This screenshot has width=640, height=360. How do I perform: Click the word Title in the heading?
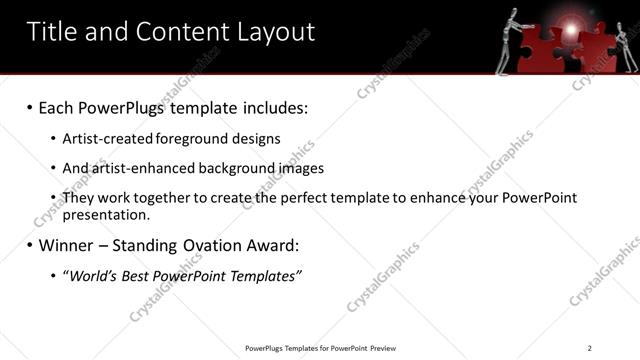coord(52,32)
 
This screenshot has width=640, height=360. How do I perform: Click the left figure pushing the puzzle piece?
coord(508,40)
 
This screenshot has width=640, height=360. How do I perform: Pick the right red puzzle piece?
coord(597,50)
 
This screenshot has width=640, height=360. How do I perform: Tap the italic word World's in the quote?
coord(95,275)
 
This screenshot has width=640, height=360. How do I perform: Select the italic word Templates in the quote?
coord(262,275)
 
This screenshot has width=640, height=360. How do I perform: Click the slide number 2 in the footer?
coord(590,348)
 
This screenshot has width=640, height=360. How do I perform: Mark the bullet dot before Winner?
coord(30,244)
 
